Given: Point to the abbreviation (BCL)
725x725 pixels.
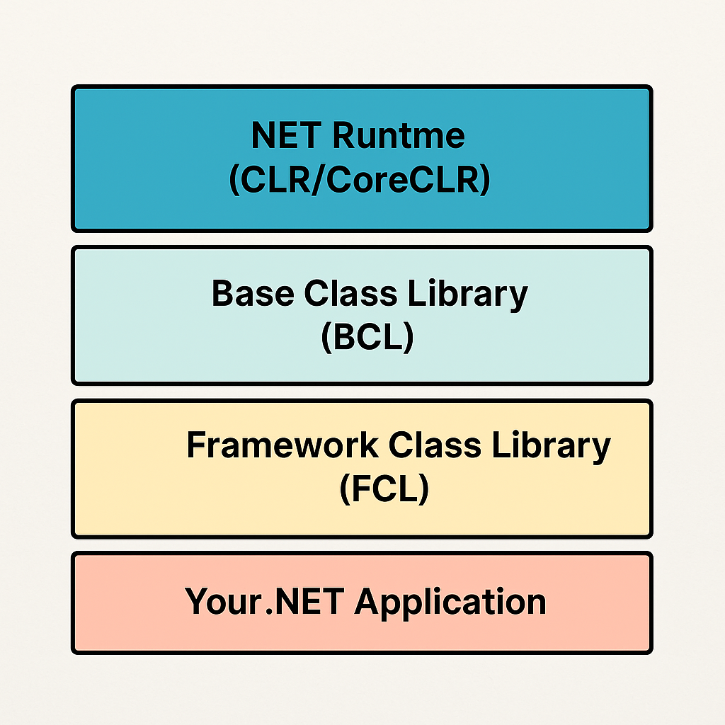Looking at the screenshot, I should [367, 338].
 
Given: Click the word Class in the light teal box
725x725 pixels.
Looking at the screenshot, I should [353, 293].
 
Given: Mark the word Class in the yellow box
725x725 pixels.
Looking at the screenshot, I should [436, 446].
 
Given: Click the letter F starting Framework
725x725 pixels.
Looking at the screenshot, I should [196, 446].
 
